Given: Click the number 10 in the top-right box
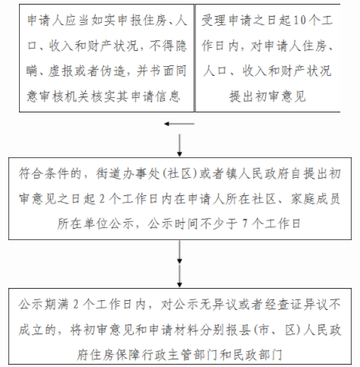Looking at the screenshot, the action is [299, 21].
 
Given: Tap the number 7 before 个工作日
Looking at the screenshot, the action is [245, 223].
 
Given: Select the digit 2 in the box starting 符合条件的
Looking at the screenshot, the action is [102, 199].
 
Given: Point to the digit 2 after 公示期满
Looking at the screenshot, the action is [76, 304].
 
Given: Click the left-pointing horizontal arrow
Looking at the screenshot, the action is [179, 124].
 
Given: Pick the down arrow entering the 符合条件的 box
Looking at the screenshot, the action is [179, 145].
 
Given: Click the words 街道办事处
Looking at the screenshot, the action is [128, 174].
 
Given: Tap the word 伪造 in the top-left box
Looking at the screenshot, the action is [113, 71].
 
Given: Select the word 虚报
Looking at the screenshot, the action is [61, 71].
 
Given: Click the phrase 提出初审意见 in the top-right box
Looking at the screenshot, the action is [267, 96].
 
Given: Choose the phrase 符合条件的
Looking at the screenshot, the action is [50, 174].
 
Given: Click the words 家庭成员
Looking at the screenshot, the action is [315, 199].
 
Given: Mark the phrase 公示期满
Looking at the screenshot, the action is [43, 304].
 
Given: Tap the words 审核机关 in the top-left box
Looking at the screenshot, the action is [65, 96].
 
